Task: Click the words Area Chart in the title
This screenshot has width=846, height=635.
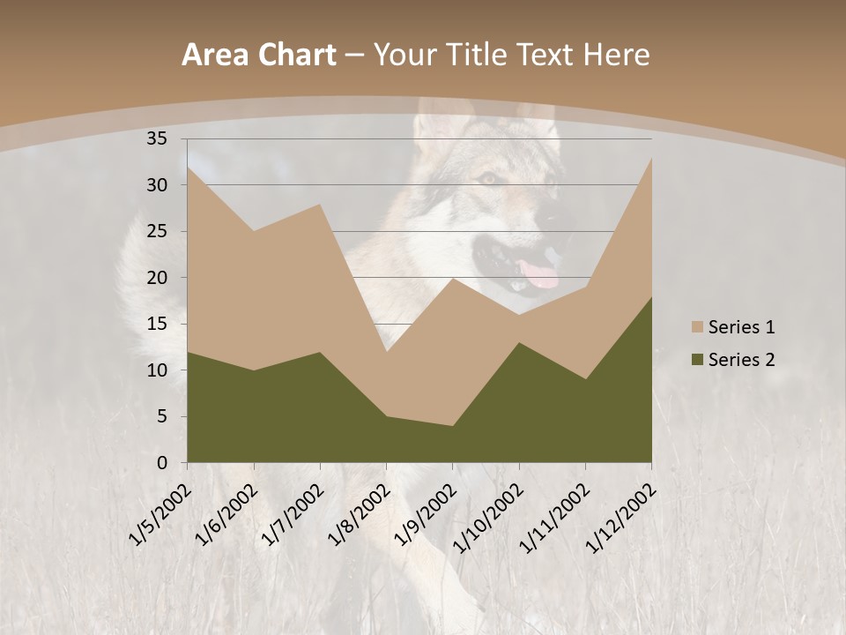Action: (x=258, y=56)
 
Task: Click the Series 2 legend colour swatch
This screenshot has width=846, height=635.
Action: (x=698, y=360)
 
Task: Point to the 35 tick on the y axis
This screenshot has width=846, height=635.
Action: (x=157, y=138)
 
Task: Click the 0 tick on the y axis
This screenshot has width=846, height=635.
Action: (x=161, y=463)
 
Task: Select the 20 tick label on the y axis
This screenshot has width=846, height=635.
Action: (x=157, y=278)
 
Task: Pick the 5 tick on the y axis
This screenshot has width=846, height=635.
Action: (x=161, y=416)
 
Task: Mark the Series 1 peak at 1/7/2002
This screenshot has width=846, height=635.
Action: (x=320, y=204)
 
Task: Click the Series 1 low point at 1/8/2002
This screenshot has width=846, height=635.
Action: (x=386, y=352)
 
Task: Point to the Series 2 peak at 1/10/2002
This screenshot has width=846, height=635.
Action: (x=519, y=342)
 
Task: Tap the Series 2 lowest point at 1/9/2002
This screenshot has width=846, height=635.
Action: (x=452, y=426)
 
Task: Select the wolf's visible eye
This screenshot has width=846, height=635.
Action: (x=487, y=179)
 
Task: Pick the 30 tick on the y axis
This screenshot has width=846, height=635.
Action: (x=157, y=185)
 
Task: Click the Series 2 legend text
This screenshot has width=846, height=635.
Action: (x=741, y=360)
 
